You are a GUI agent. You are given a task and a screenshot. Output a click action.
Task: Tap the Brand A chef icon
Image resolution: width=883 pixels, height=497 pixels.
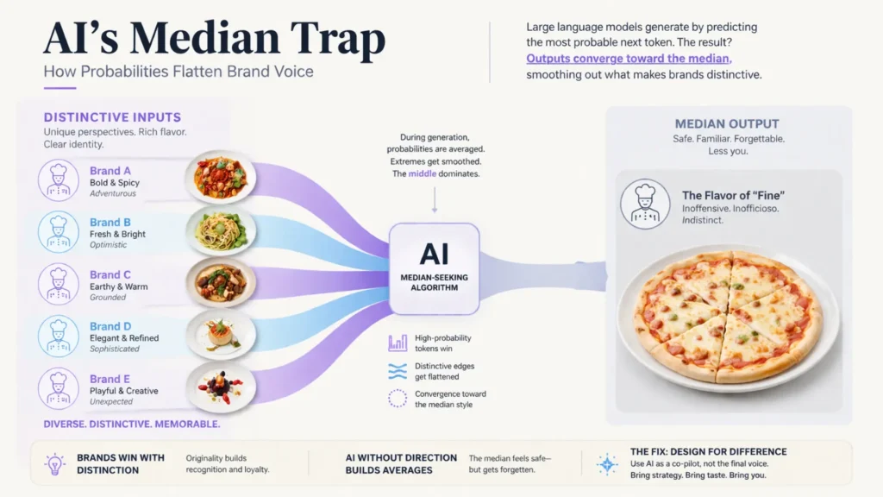click(59, 181)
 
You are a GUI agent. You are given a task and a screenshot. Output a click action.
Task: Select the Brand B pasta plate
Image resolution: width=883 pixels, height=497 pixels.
click(221, 230)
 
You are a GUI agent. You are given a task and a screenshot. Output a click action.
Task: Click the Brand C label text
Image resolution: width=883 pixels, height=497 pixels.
click(110, 275)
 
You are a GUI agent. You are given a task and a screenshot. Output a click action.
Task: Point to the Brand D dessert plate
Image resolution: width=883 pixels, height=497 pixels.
click(221, 333)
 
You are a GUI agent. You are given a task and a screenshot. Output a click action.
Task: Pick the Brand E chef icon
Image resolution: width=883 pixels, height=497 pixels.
click(59, 388)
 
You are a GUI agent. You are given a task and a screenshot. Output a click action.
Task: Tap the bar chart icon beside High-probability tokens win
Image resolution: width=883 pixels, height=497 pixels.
click(398, 343)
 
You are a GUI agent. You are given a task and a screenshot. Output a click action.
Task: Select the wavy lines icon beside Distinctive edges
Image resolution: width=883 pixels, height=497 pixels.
click(398, 371)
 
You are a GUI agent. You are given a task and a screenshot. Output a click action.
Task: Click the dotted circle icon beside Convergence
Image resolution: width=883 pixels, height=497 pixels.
click(398, 399)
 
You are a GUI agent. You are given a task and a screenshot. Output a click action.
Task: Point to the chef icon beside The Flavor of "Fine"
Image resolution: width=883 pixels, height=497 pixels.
click(645, 204)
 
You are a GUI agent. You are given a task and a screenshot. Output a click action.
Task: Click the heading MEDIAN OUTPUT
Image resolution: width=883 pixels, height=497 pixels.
click(726, 124)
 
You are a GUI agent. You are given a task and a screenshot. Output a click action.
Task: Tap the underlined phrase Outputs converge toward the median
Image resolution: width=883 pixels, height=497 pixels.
click(629, 59)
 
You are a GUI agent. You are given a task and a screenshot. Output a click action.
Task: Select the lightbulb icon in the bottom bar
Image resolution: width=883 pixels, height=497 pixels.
click(54, 463)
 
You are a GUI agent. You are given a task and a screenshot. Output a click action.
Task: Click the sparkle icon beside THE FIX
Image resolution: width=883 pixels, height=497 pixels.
click(607, 463)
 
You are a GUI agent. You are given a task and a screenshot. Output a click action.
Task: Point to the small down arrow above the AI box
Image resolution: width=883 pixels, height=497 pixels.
click(434, 201)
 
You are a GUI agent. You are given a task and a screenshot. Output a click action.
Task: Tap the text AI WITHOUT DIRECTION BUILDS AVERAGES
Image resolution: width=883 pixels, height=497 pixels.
click(401, 463)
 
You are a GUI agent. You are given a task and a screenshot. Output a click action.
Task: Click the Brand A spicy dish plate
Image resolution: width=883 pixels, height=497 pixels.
click(221, 177)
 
